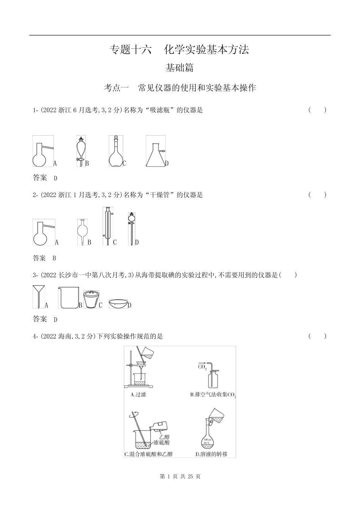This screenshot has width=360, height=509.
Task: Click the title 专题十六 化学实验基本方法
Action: [179, 50]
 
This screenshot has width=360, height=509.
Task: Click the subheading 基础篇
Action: [180, 68]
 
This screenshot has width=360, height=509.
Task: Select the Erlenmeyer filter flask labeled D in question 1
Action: [156, 151]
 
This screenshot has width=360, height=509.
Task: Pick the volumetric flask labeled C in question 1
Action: [116, 151]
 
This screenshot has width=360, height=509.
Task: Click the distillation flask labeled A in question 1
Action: [42, 151]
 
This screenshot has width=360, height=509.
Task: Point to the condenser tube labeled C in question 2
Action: [107, 226]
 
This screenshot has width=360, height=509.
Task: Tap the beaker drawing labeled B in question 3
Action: [68, 298]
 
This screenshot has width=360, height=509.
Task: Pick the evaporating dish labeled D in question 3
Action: [118, 304]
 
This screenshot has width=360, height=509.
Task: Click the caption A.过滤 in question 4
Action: [138, 395]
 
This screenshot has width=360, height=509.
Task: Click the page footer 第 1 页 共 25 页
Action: [180, 476]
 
